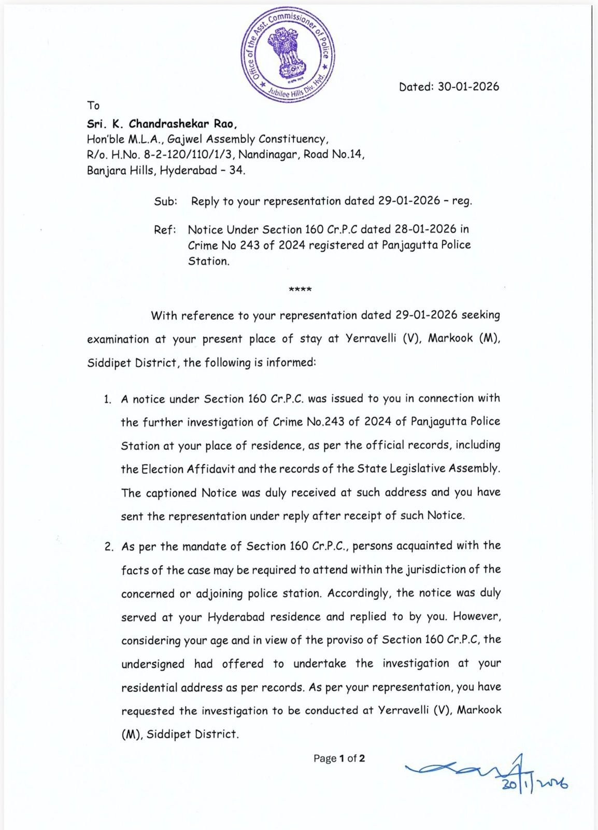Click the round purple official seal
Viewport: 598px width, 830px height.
[x=288, y=55]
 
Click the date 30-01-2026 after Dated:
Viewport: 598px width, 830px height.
[x=468, y=87]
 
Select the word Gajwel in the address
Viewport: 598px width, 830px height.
[x=184, y=139]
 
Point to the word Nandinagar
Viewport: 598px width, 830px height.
[x=268, y=155]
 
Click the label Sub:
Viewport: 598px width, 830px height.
[x=165, y=201]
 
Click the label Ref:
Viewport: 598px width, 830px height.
[x=165, y=229]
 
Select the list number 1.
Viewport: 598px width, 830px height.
[x=107, y=399]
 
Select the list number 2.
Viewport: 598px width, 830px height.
[x=108, y=547]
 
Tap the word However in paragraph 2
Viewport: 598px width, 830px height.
[x=477, y=616]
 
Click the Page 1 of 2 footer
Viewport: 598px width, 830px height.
[x=339, y=758]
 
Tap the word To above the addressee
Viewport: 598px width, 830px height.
[x=93, y=106]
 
